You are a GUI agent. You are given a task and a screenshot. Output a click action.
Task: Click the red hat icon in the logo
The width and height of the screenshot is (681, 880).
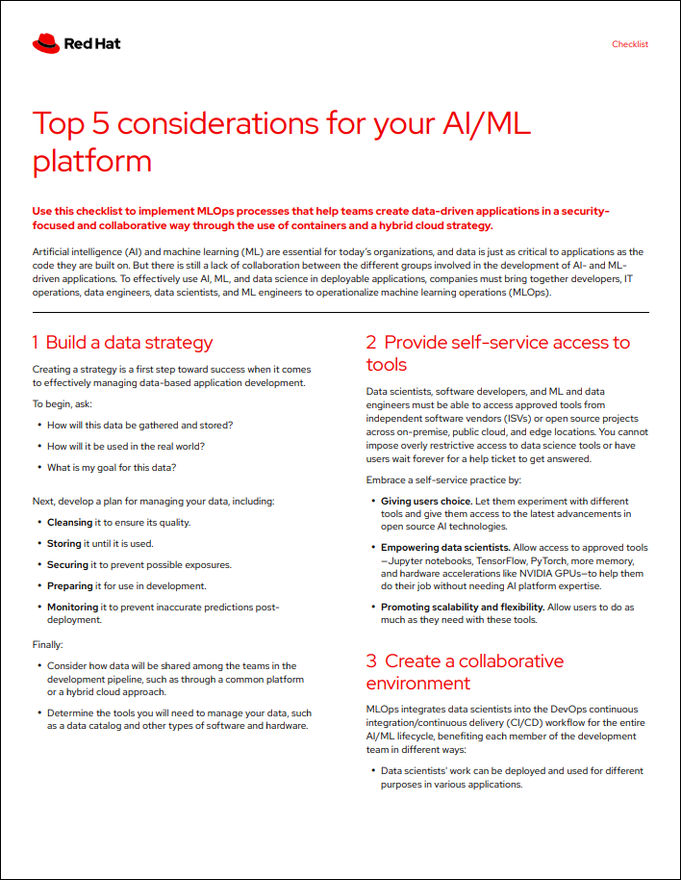tap(45, 42)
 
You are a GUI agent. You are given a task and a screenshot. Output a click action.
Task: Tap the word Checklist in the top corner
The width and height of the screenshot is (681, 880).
tap(630, 44)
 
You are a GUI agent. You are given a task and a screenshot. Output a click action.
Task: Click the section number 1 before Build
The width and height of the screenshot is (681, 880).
tap(36, 343)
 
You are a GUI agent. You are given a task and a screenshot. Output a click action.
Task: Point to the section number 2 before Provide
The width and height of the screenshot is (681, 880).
tap(371, 343)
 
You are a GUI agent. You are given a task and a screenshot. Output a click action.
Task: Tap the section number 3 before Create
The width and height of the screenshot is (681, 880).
tap(371, 661)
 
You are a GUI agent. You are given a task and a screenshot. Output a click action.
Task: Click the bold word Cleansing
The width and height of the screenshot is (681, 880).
tap(70, 522)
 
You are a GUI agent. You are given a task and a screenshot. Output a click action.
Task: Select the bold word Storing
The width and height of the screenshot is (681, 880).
tap(64, 543)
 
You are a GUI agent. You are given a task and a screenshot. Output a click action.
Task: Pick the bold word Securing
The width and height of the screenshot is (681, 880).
tap(67, 564)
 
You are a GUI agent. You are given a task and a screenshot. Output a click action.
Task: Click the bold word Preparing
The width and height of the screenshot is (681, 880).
tap(69, 585)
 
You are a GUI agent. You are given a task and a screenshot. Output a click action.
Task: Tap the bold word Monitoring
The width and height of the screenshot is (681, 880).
tap(73, 607)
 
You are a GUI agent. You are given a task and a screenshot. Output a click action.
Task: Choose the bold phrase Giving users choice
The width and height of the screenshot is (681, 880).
tap(426, 502)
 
